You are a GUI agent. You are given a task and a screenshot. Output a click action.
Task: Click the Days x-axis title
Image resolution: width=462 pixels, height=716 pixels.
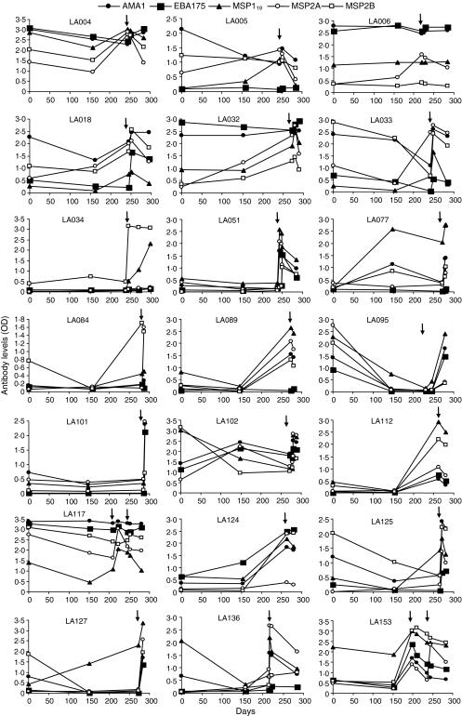233,709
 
